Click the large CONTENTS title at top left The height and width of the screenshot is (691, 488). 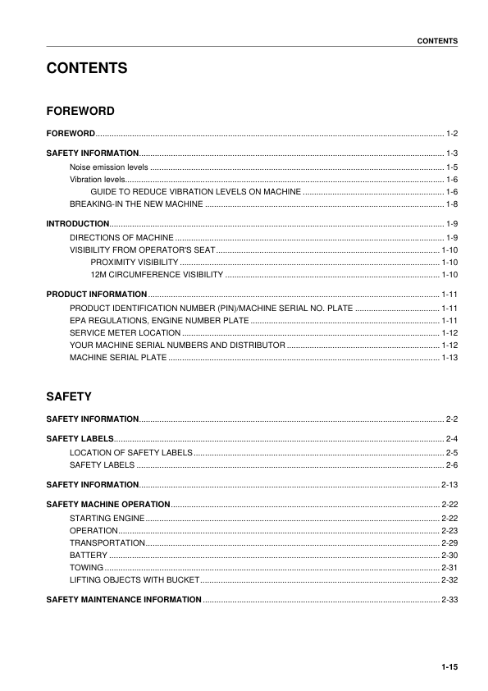[x=86, y=68]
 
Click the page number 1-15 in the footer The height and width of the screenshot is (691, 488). [x=449, y=666]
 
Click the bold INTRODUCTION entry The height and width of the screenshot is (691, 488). [x=77, y=223]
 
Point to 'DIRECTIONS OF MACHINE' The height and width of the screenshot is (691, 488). [x=121, y=237]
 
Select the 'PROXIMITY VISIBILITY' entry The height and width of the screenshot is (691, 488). [x=135, y=261]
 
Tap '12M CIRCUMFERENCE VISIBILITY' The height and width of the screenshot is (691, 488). [x=157, y=273]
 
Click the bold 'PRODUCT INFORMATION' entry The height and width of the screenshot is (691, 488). [x=97, y=294]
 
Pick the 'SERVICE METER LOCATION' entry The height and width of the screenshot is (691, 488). [x=125, y=332]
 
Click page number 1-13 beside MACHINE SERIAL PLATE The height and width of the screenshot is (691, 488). [x=449, y=358]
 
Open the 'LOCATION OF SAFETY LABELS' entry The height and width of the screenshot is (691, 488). [x=131, y=452]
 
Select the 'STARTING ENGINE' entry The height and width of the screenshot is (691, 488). [x=107, y=519]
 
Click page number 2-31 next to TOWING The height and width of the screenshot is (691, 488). [x=449, y=567]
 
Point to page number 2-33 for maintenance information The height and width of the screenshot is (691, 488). [x=449, y=600]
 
